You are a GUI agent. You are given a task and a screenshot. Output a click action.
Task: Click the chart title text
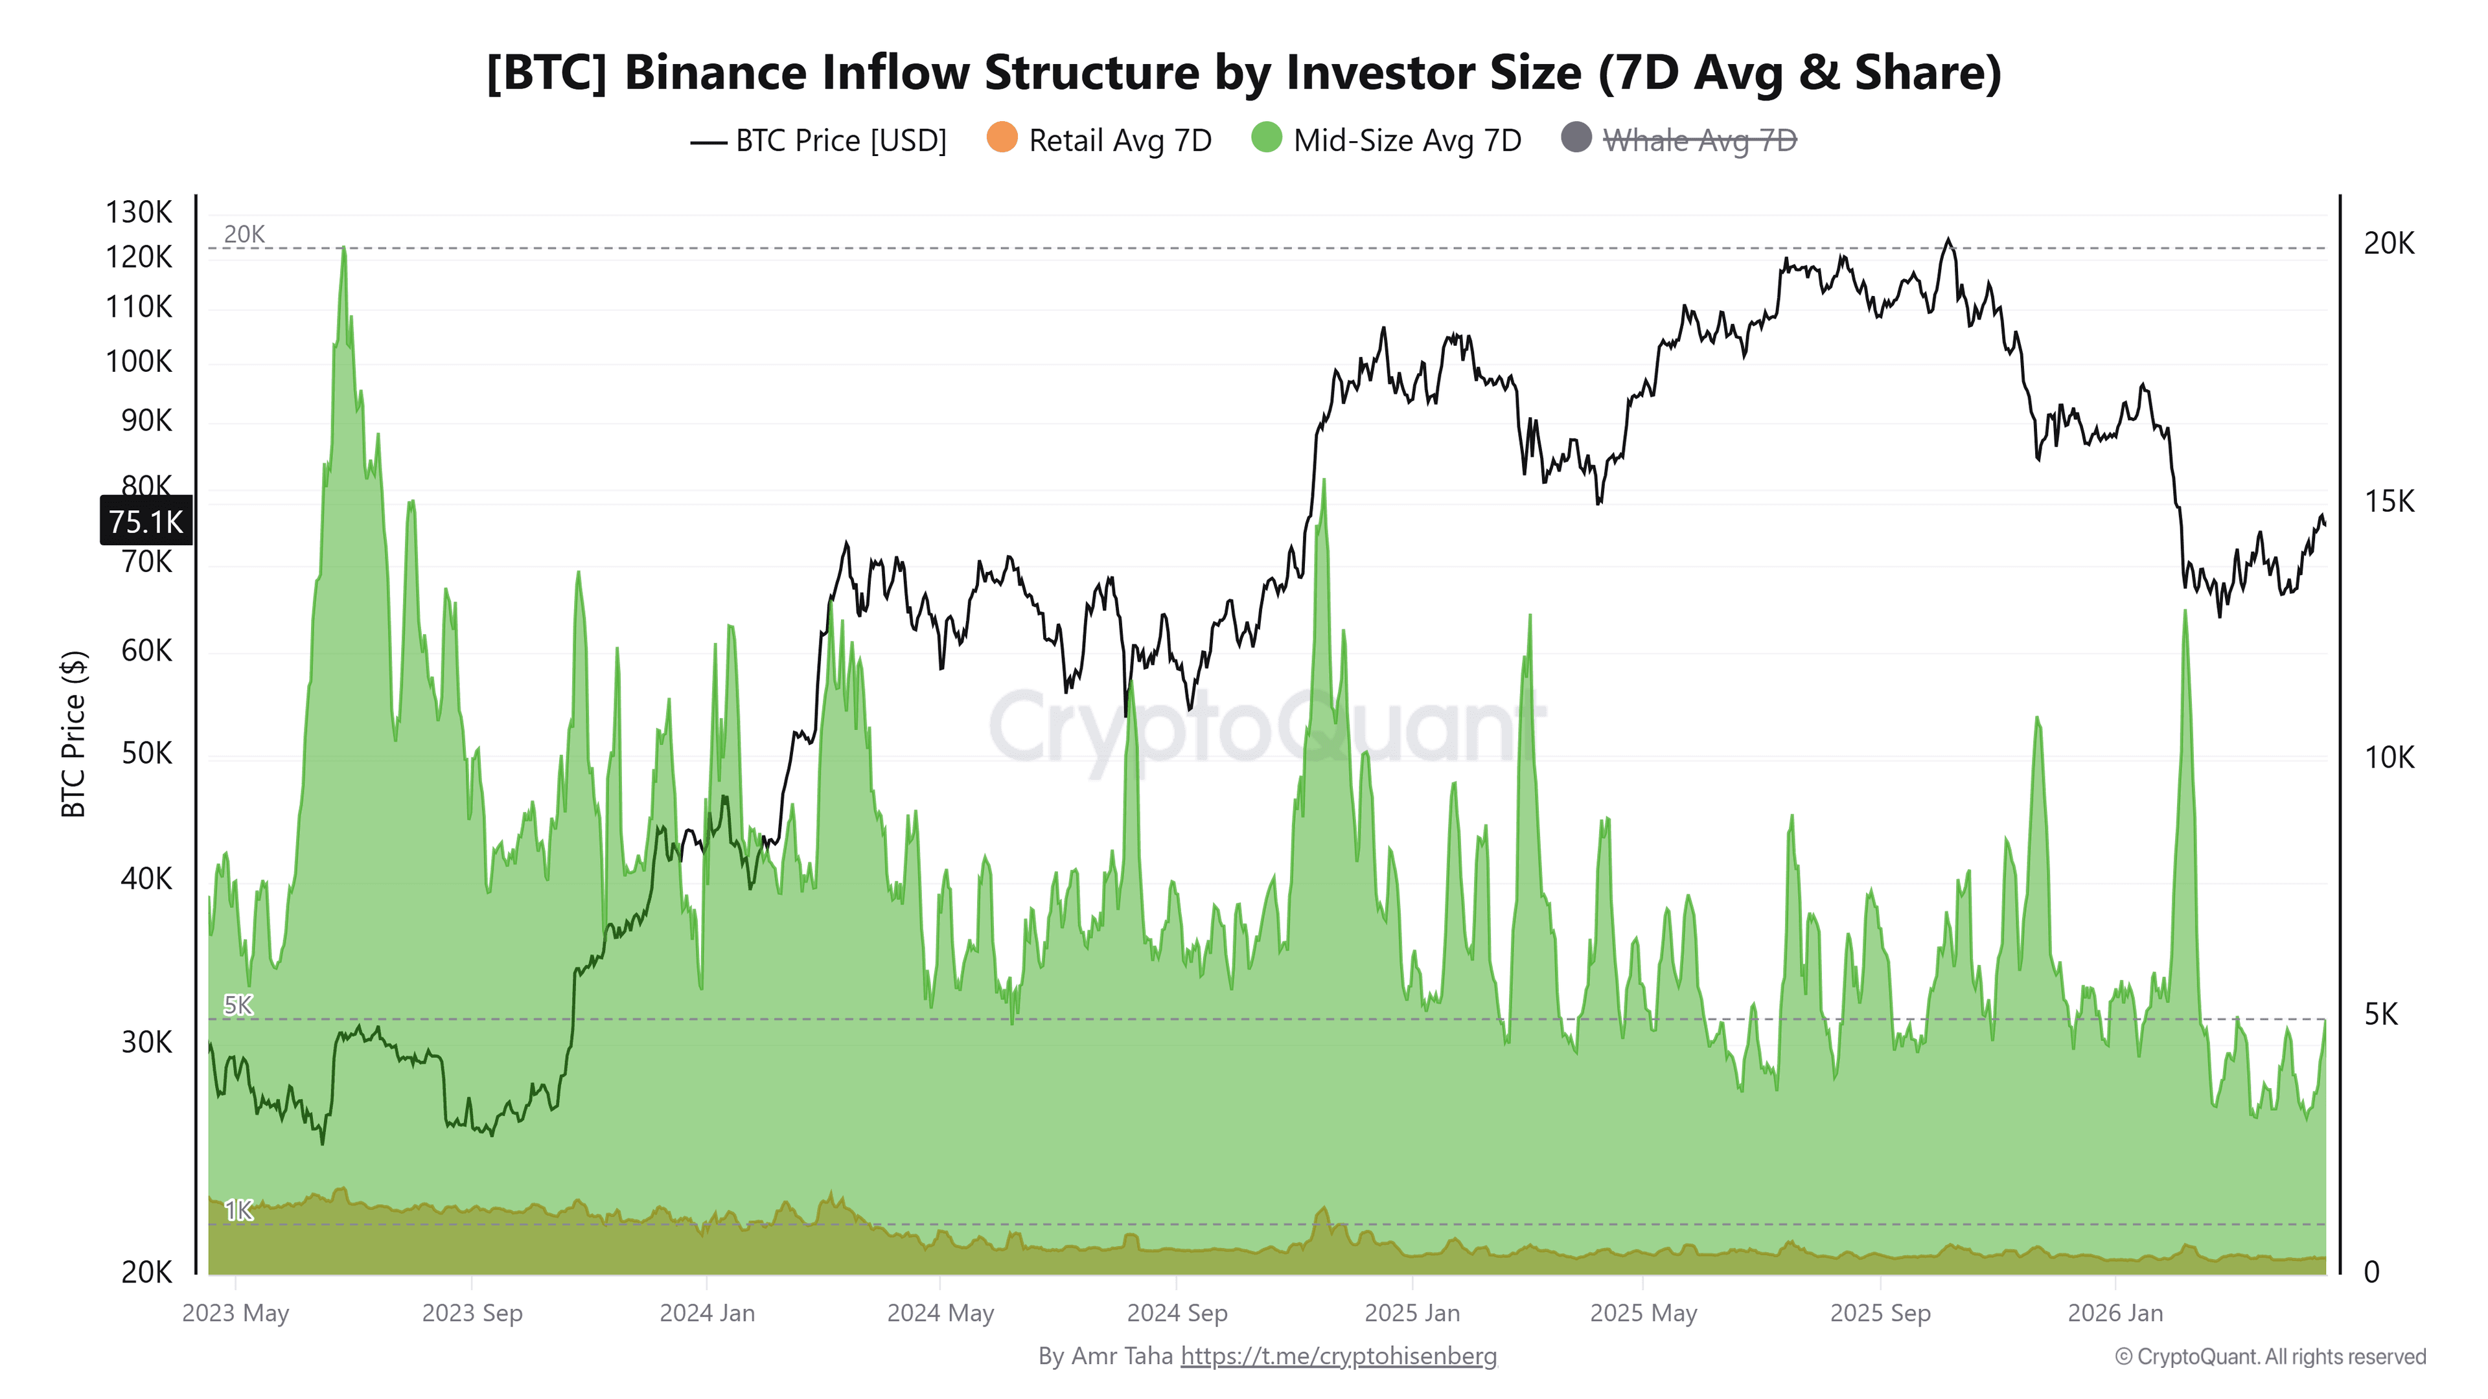click(x=1243, y=73)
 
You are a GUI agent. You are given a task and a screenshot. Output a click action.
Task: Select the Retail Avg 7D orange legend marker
click(x=1002, y=138)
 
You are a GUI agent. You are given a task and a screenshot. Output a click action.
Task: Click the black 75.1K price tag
click(x=146, y=521)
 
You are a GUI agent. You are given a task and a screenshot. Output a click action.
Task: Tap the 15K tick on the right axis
click(x=2388, y=501)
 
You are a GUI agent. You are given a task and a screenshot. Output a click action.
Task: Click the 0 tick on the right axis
click(x=2371, y=1271)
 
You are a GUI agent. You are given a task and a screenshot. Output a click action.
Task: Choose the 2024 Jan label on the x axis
click(x=707, y=1313)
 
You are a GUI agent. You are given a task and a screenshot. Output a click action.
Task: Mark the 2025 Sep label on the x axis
click(x=1880, y=1313)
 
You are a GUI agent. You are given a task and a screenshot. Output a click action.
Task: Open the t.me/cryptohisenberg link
click(x=1338, y=1356)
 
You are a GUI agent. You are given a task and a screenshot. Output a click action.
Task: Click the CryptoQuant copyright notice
click(x=2270, y=1356)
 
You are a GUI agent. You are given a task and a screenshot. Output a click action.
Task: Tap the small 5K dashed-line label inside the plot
click(x=238, y=1005)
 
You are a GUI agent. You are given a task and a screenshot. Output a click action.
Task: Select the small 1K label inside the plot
click(x=238, y=1210)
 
